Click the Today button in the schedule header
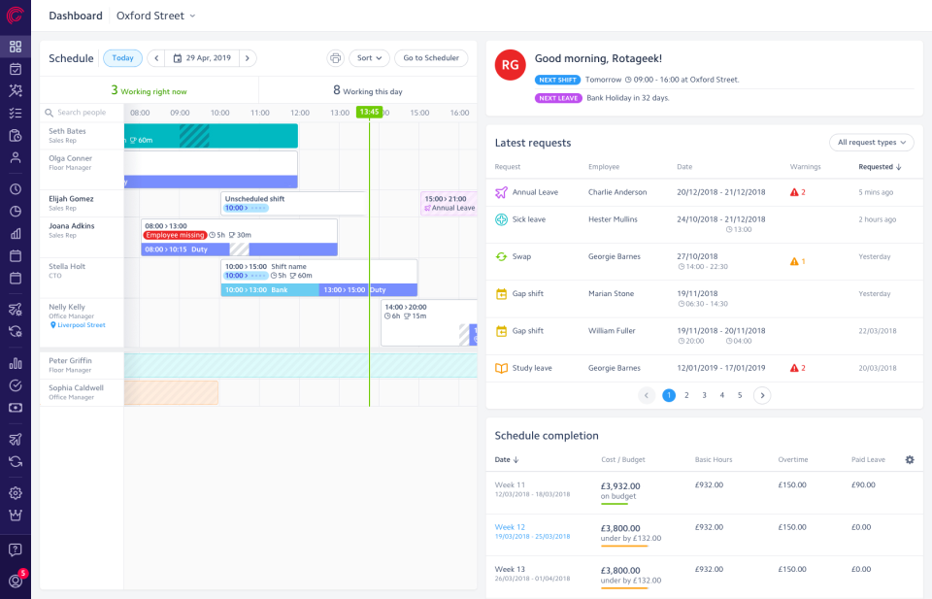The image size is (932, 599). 122,58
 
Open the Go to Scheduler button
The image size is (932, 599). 431,58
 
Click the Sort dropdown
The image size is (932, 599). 369,58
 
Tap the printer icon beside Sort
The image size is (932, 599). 336,58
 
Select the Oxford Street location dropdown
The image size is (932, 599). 155,16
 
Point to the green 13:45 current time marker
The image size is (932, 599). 369,113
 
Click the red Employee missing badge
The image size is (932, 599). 175,235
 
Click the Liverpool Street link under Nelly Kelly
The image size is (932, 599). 81,325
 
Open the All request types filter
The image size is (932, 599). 871,143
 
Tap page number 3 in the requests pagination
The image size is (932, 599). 704,395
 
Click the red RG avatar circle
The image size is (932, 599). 510,65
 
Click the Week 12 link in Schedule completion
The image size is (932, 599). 510,527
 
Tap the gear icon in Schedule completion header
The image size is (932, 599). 910,459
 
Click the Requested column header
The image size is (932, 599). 880,167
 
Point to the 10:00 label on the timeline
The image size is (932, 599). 219,113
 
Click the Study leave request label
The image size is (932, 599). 532,368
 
